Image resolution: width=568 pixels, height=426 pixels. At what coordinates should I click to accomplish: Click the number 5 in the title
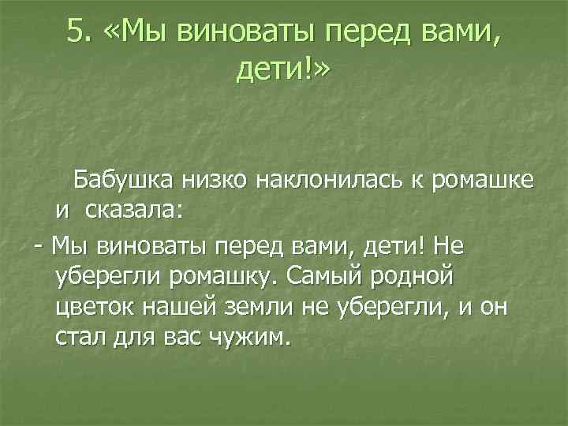tap(76, 31)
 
